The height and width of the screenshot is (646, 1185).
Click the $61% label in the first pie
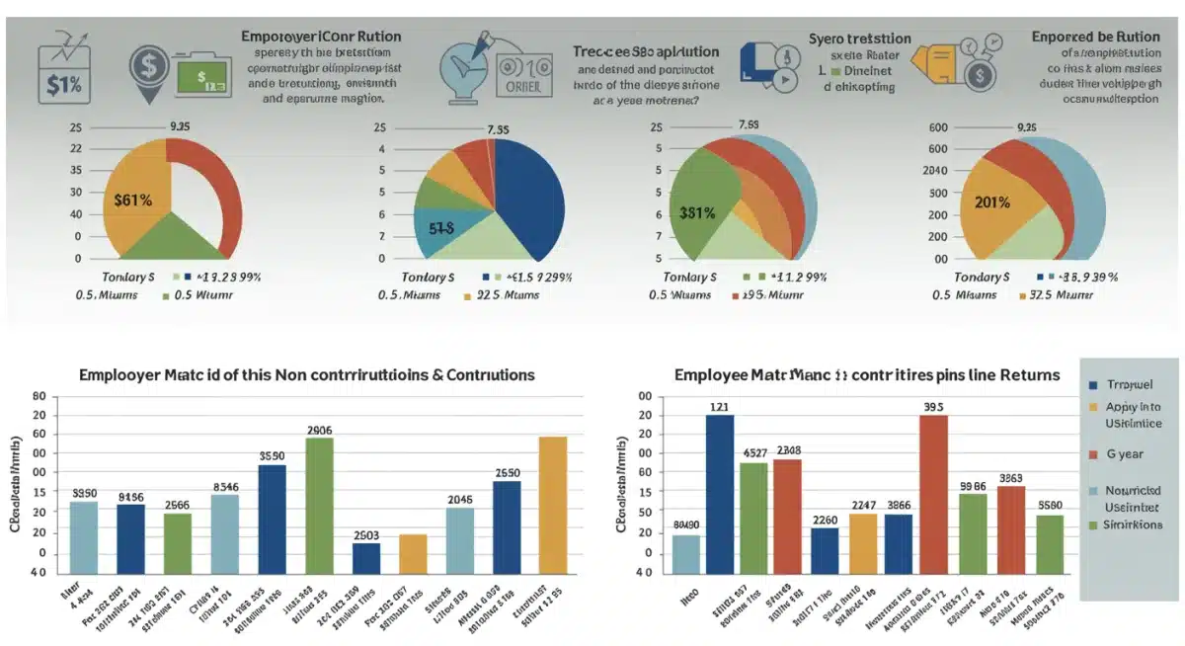[133, 200]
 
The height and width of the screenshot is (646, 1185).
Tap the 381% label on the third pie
[698, 211]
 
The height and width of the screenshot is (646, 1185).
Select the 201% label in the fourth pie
[991, 202]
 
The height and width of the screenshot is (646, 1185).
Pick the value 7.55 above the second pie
[498, 129]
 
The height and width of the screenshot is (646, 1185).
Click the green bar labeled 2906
[319, 504]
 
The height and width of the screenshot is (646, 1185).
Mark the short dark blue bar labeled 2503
[366, 558]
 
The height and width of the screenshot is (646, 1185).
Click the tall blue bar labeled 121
[719, 494]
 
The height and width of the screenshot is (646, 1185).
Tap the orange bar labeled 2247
[863, 543]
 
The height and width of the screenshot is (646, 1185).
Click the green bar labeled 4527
[753, 518]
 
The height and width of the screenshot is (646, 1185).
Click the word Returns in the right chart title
[1028, 375]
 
